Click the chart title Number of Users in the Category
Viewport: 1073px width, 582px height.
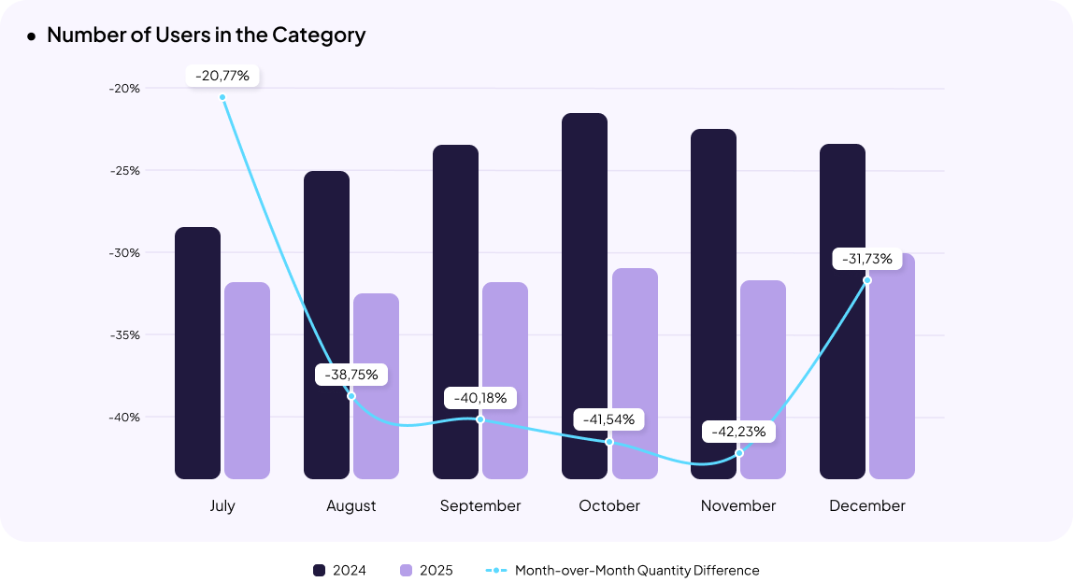(206, 35)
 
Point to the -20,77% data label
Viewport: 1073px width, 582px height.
(222, 76)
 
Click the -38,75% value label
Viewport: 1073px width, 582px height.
(351, 375)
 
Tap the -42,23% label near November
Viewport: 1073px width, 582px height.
(738, 432)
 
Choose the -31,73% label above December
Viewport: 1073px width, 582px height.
(867, 259)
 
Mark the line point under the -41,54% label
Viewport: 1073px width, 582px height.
(609, 442)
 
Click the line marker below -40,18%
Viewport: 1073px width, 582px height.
(480, 419)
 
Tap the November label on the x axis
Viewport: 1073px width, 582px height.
(738, 505)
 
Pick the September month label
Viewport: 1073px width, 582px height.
(480, 505)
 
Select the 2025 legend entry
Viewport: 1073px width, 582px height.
(426, 570)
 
